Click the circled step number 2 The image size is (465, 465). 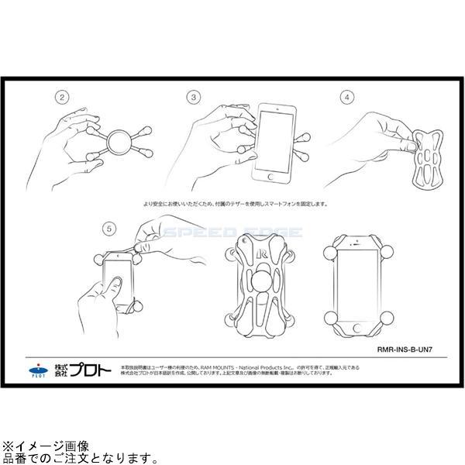tap(61, 98)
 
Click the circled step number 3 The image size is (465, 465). tap(194, 98)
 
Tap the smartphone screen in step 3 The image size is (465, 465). tap(274, 142)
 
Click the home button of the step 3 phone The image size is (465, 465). tap(271, 176)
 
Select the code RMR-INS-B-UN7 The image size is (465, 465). tap(410, 350)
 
